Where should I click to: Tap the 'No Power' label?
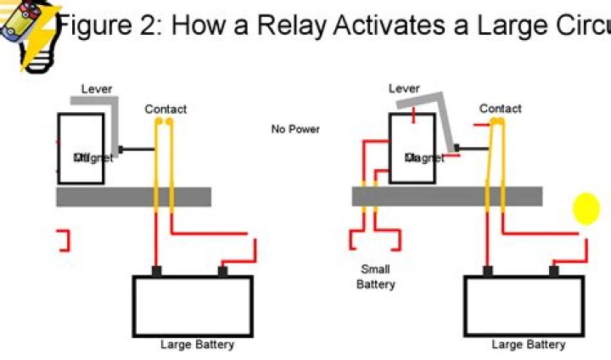[295, 129]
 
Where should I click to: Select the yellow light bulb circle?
[586, 209]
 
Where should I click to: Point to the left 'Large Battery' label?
[197, 345]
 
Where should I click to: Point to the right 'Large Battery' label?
[528, 345]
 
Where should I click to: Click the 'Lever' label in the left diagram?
[96, 88]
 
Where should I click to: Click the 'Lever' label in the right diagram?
[404, 88]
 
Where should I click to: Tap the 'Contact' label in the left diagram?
[165, 109]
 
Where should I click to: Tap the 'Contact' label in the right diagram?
[500, 109]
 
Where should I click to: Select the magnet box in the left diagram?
[81, 149]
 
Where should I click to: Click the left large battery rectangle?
[192, 306]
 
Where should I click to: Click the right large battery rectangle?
[524, 306]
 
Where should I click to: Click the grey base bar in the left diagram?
[133, 197]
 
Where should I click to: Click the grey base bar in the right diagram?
[446, 197]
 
